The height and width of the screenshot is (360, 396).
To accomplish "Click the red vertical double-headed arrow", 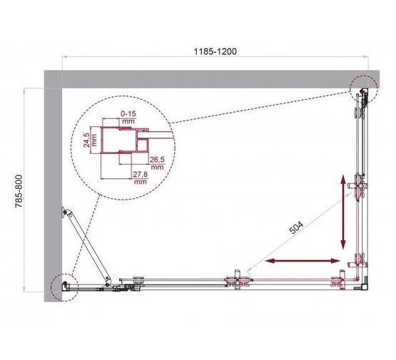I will [345, 210].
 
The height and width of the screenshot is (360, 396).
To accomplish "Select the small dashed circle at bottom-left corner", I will [63, 287].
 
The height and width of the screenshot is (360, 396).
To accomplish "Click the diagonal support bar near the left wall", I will [86, 246].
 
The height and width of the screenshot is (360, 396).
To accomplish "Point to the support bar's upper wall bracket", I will [67, 212].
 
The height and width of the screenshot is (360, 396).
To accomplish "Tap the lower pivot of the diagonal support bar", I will [106, 279].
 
